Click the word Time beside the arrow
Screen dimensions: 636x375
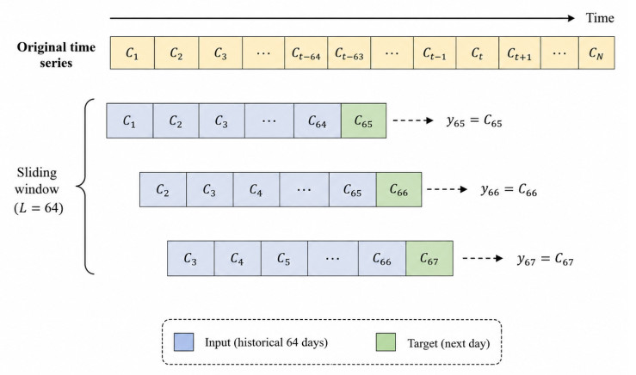point(600,18)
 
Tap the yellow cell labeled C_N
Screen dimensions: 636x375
point(596,52)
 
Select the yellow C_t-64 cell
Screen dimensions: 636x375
point(306,52)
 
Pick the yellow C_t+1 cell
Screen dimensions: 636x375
point(519,52)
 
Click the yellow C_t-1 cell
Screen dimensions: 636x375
point(435,52)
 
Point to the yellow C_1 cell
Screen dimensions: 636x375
point(133,52)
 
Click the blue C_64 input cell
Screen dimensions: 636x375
point(318,120)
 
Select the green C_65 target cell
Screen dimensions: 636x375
point(363,120)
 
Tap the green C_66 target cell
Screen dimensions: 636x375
point(398,190)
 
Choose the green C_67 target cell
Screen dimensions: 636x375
point(429,259)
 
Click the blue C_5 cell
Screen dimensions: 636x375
point(284,259)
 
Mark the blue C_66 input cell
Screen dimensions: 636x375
point(381,259)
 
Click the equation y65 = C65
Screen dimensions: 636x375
point(474,120)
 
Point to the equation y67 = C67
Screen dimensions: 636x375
point(545,259)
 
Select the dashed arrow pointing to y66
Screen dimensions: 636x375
point(447,189)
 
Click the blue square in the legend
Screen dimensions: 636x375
point(183,341)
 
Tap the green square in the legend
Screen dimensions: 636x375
point(386,341)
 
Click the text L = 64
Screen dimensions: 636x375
point(39,208)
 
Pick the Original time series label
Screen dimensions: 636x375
point(56,55)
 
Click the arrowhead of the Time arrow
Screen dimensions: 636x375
point(571,18)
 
